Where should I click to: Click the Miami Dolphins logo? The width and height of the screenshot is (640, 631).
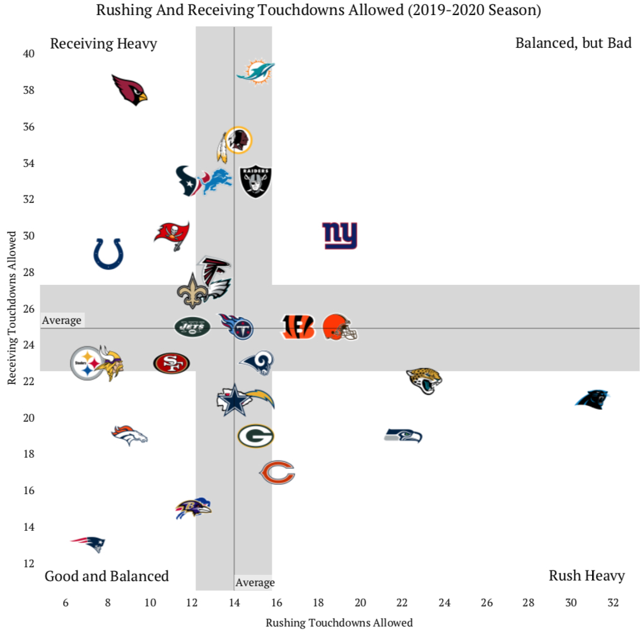click(255, 72)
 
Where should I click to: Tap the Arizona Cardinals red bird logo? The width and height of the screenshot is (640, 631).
click(129, 90)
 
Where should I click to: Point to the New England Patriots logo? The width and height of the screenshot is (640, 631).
click(88, 543)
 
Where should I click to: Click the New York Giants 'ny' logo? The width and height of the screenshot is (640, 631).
click(339, 236)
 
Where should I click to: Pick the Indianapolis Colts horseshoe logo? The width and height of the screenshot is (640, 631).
click(108, 253)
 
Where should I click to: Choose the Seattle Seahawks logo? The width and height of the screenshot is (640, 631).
click(403, 435)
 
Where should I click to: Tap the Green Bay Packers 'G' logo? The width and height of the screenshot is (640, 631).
click(255, 435)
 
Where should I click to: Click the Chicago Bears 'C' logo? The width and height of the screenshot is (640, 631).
click(277, 472)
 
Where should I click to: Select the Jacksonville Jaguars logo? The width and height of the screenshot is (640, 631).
click(424, 380)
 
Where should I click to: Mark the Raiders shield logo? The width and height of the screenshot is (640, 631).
click(255, 182)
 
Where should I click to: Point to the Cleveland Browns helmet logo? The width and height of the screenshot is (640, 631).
click(340, 327)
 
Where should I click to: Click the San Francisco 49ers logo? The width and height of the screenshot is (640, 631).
click(171, 362)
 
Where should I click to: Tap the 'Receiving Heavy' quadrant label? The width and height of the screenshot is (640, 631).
click(103, 43)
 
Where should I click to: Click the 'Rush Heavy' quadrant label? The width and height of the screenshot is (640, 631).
click(586, 575)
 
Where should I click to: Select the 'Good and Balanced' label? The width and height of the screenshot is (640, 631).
click(107, 576)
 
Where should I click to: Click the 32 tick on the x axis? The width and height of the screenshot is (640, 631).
click(613, 602)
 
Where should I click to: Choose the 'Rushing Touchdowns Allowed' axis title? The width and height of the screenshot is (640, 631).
click(339, 622)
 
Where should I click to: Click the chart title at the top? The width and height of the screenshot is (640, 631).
click(320, 10)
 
